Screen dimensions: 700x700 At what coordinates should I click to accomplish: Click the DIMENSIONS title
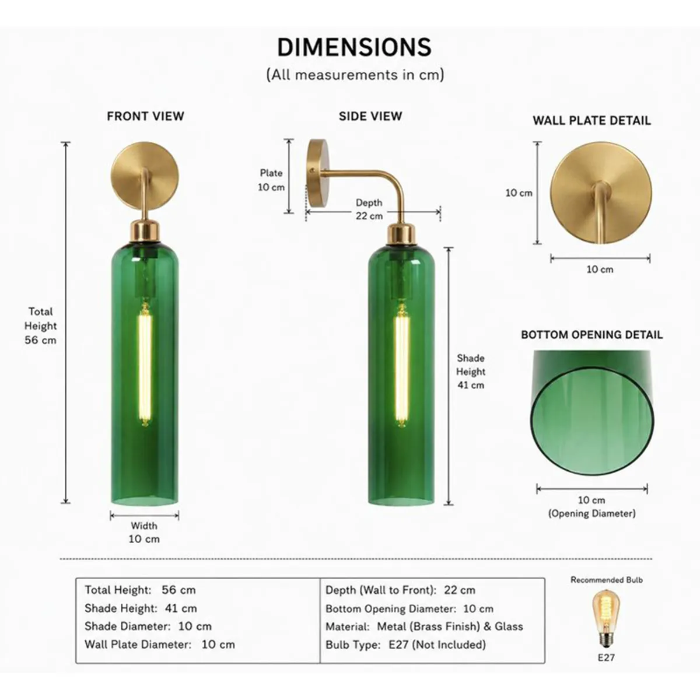pyautogui.click(x=354, y=47)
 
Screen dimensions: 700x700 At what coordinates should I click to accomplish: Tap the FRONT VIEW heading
pyautogui.click(x=145, y=116)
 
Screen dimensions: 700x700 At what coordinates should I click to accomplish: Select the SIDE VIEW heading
pyautogui.click(x=370, y=116)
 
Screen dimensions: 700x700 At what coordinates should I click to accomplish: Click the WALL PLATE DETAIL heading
pyautogui.click(x=591, y=121)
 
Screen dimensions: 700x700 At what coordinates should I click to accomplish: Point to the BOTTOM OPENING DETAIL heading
pyautogui.click(x=591, y=335)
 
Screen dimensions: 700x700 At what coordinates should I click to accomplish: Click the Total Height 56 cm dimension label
pyautogui.click(x=40, y=326)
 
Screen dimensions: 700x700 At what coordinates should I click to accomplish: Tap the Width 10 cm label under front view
pyautogui.click(x=144, y=532)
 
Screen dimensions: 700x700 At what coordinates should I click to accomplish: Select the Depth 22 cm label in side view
pyautogui.click(x=369, y=209)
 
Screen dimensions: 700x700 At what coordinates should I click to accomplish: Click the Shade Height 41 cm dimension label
pyautogui.click(x=471, y=372)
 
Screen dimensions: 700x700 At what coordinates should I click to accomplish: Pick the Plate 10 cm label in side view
pyautogui.click(x=271, y=180)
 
